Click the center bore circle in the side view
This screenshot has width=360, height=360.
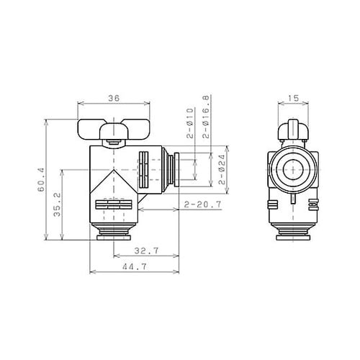(x=292, y=170)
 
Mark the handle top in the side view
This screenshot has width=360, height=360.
(x=292, y=130)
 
